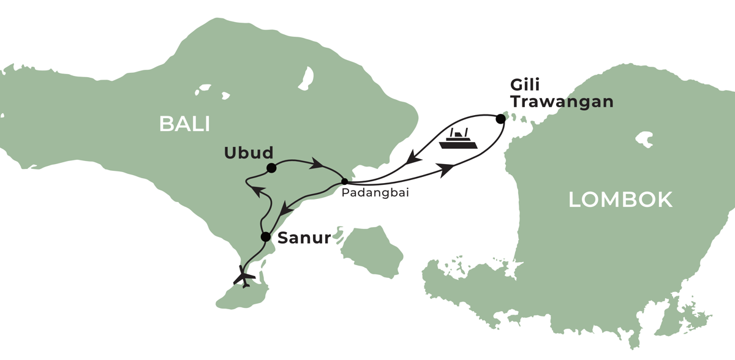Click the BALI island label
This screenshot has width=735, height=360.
(184, 124)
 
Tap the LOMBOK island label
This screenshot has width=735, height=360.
(620, 200)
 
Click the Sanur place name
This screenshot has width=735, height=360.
(304, 238)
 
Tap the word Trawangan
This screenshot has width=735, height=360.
(562, 102)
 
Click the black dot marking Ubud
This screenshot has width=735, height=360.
(271, 167)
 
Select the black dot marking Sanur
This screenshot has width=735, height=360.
(265, 237)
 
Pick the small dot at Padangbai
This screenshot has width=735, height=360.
(344, 181)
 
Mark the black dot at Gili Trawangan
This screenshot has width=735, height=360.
(500, 119)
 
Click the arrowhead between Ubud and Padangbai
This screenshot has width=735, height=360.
(317, 164)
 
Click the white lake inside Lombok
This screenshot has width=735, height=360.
(644, 139)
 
